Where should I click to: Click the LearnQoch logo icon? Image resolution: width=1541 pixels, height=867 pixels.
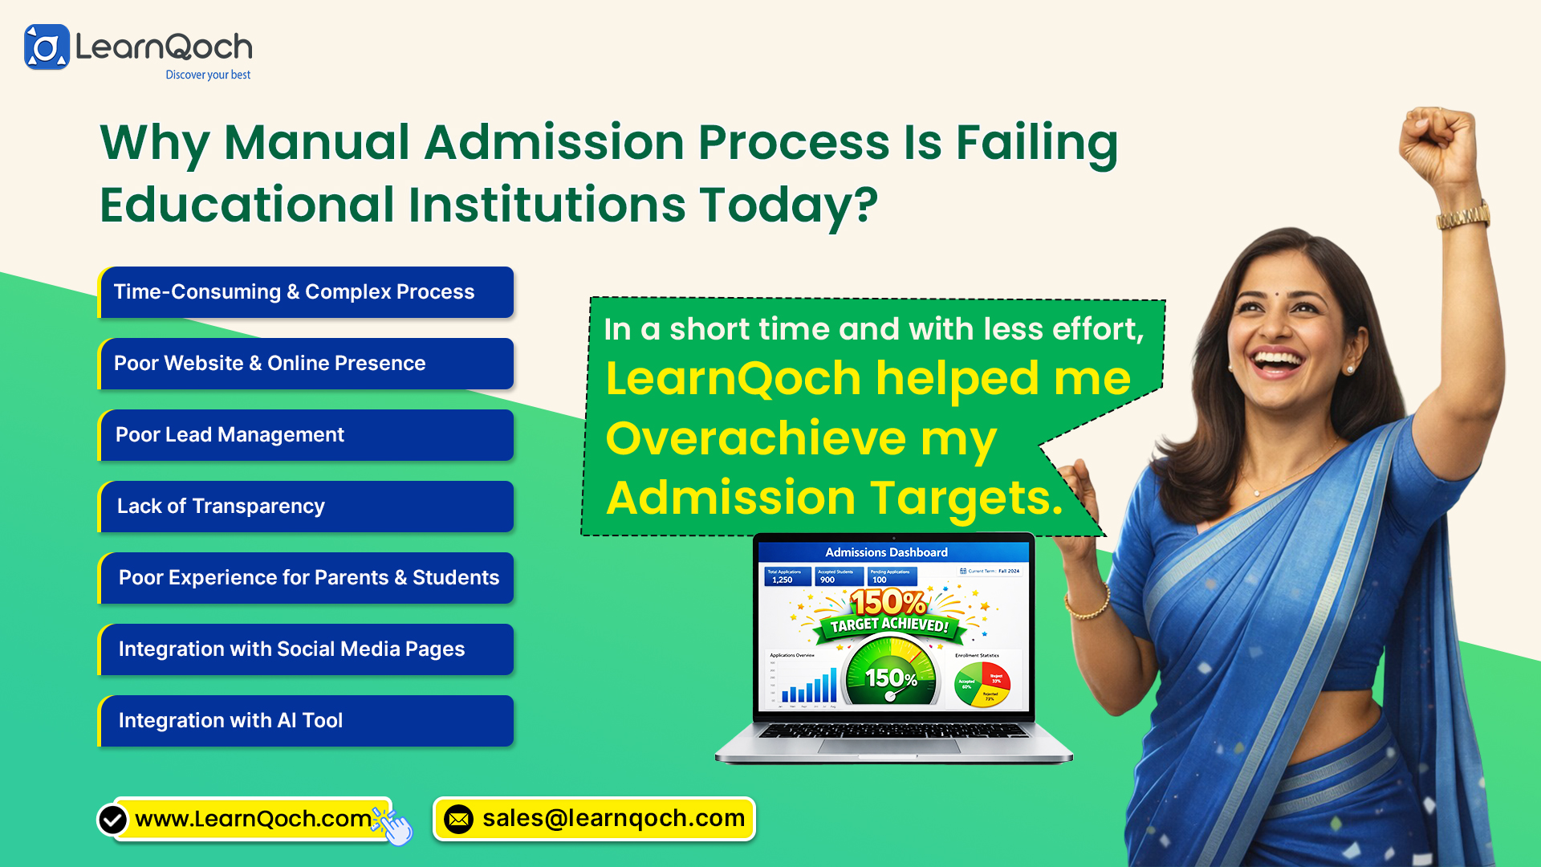click(x=47, y=47)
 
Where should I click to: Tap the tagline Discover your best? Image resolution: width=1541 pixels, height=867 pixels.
click(x=208, y=75)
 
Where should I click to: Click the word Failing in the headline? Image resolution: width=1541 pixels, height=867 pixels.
click(x=1036, y=143)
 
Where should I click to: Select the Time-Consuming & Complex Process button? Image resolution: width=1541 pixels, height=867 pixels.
click(x=306, y=292)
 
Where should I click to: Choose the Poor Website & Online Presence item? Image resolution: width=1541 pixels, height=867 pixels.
click(x=306, y=364)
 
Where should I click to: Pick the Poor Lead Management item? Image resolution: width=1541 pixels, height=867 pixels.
click(x=306, y=435)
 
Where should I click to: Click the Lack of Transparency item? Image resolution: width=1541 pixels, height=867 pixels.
click(x=306, y=507)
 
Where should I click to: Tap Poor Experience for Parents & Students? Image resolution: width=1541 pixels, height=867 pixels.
click(x=306, y=578)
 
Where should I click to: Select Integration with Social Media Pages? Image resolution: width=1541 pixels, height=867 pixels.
click(x=306, y=649)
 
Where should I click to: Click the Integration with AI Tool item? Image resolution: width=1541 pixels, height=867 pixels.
click(x=306, y=721)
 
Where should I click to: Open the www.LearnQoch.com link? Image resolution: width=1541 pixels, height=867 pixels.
click(x=253, y=819)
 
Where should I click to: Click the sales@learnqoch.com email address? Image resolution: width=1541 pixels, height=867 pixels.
click(x=613, y=819)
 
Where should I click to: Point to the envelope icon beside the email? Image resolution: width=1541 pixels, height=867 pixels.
click(x=459, y=820)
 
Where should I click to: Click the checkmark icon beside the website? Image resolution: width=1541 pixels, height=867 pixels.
click(x=112, y=820)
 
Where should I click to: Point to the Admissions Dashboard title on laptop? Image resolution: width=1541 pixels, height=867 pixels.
click(x=886, y=552)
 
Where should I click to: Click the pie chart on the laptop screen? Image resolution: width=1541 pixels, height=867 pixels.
click(x=982, y=684)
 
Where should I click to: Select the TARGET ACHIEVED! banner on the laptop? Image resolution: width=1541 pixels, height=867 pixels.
click(x=889, y=625)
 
